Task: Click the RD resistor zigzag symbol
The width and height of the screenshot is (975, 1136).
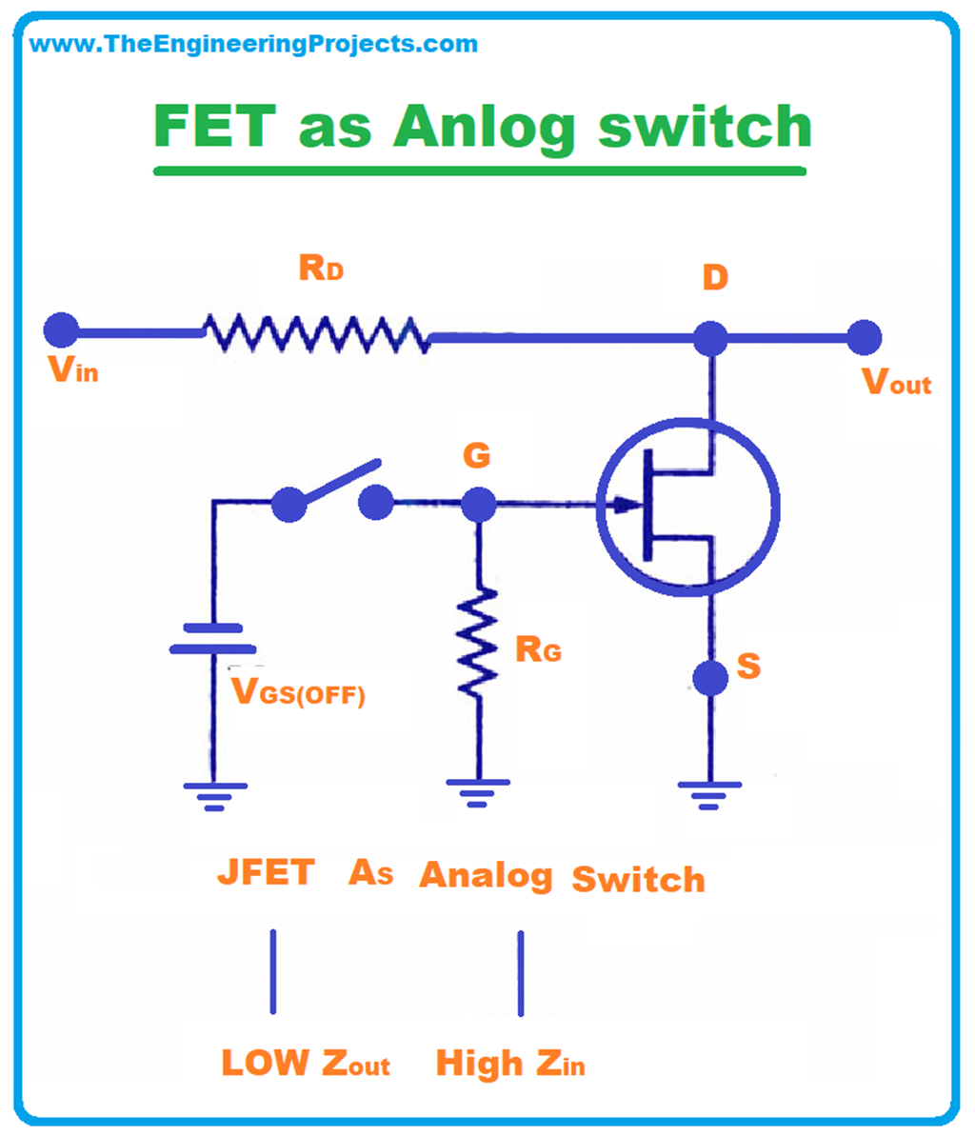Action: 315,333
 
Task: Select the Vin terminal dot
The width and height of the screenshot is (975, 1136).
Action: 62,329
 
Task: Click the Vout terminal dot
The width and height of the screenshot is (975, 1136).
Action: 864,337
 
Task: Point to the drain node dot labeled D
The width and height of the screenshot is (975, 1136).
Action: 710,338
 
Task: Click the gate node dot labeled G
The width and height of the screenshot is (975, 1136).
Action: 478,504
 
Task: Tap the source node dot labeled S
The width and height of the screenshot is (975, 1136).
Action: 710,677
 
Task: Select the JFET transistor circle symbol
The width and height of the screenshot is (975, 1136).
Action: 687,507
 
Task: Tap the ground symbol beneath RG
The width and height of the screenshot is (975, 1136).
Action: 478,790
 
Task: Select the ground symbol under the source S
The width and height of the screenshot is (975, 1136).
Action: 709,794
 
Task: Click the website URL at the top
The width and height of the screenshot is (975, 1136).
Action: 253,44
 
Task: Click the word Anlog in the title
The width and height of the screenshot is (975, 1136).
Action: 484,127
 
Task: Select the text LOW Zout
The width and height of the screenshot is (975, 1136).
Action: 306,1062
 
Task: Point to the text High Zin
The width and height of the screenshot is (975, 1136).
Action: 510,1063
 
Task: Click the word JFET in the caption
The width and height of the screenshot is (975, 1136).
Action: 266,872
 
